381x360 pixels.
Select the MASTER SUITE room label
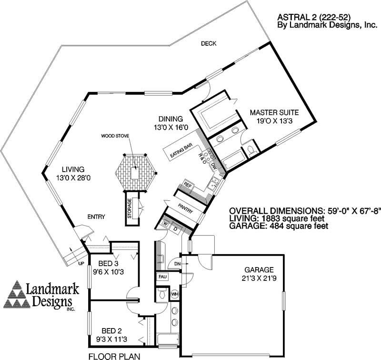click(274, 113)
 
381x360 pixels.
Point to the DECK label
click(208, 43)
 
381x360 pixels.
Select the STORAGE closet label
click(129, 208)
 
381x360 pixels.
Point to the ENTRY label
click(96, 217)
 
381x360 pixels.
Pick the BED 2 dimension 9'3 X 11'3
click(114, 339)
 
